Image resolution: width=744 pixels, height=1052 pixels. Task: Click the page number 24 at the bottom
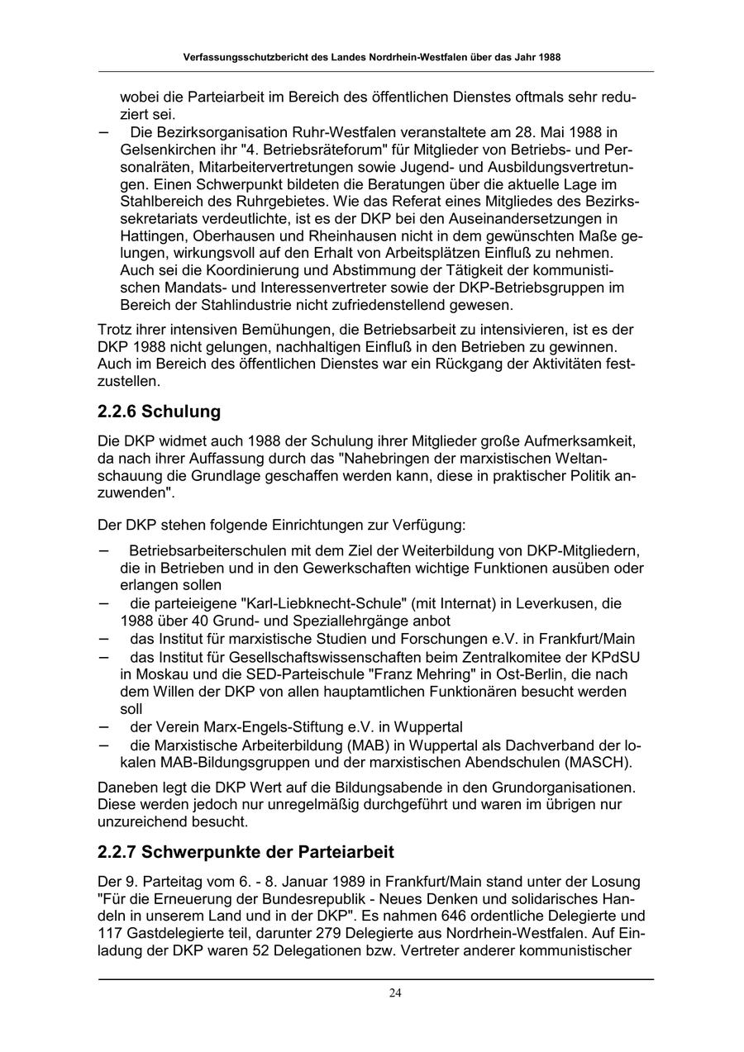395,992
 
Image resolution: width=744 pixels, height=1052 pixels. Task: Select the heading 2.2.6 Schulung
159,412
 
